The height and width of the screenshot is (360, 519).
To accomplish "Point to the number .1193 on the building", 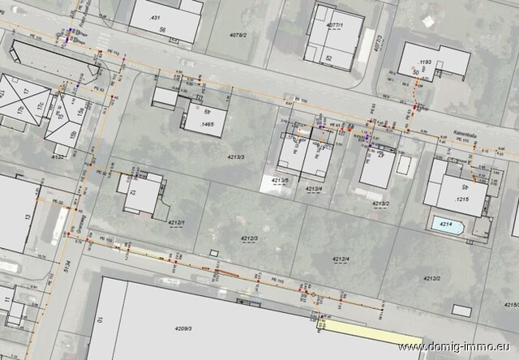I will (x=424, y=62).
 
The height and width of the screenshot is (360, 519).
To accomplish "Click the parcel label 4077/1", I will (x=334, y=26).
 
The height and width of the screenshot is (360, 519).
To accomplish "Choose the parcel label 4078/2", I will (x=238, y=35).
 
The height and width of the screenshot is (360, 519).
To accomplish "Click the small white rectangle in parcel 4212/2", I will (x=462, y=311).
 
